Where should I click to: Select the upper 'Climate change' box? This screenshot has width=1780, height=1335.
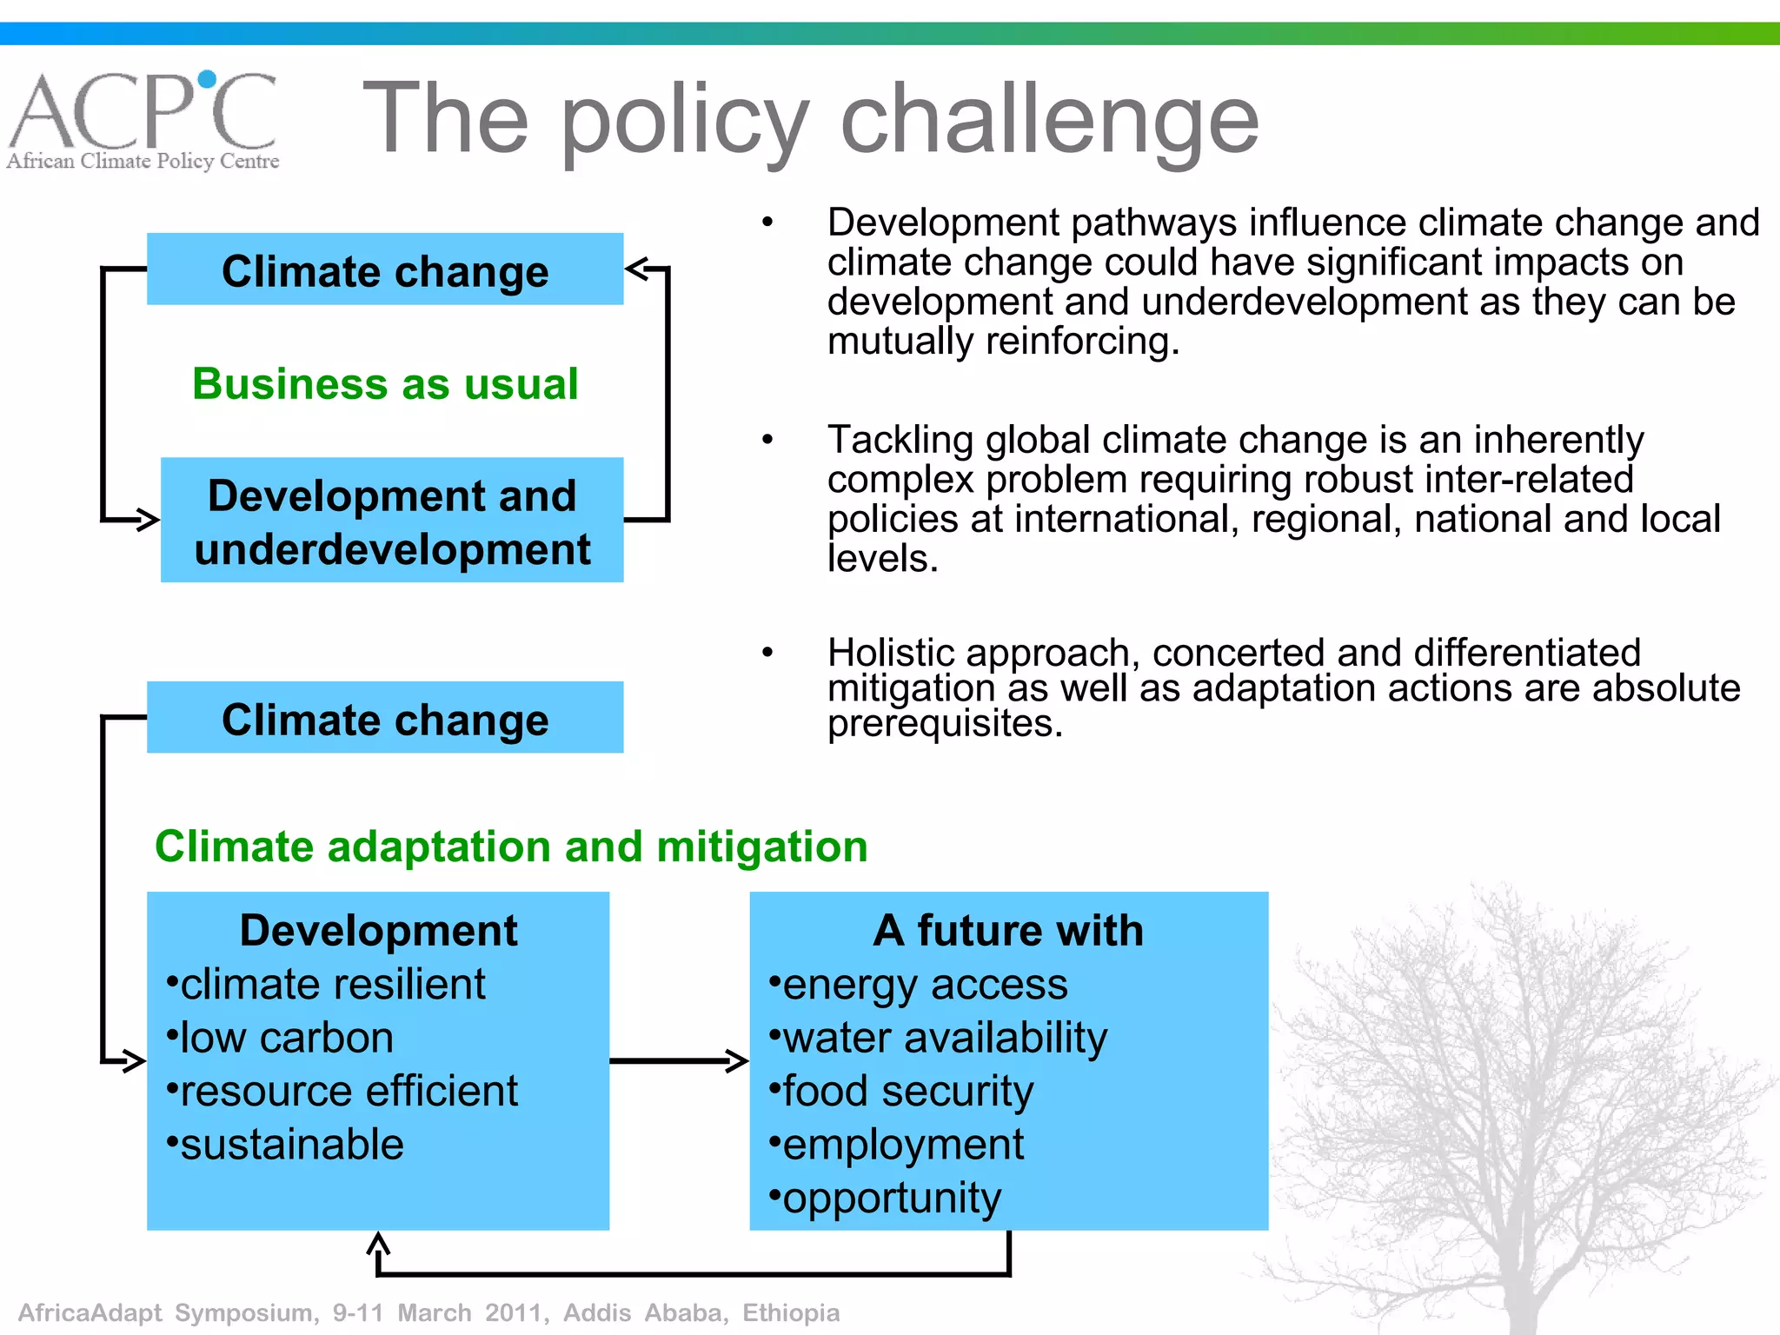pyautogui.click(x=385, y=269)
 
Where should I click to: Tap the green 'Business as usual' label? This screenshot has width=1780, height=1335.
pyautogui.click(x=385, y=383)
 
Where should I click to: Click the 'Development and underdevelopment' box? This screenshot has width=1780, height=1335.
pyautogui.click(x=392, y=521)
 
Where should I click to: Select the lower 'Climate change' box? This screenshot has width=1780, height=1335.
pyautogui.click(x=385, y=718)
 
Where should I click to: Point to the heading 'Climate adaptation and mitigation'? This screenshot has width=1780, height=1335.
pyautogui.click(x=511, y=847)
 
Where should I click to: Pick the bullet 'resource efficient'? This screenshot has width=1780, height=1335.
pyautogui.click(x=348, y=1091)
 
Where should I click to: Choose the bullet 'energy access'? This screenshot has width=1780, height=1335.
pyautogui.click(x=924, y=985)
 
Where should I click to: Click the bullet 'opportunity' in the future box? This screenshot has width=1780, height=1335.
pyautogui.click(x=891, y=1198)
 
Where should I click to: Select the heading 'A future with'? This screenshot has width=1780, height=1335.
pyautogui.click(x=1008, y=930)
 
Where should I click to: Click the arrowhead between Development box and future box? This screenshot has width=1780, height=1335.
pyautogui.click(x=737, y=1060)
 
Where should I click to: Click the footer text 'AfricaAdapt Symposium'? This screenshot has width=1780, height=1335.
pyautogui.click(x=165, y=1312)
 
